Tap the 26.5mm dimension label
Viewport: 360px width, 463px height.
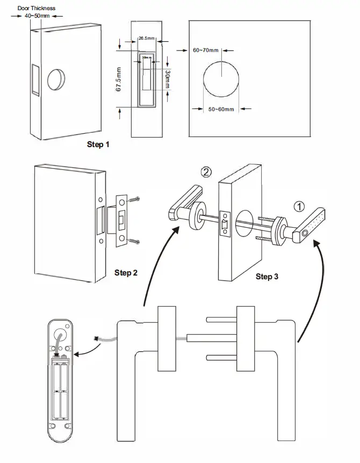146,39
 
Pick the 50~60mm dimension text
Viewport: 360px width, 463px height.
220,109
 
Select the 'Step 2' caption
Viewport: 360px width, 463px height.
126,273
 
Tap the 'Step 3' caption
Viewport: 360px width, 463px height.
267,277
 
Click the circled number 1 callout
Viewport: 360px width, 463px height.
299,205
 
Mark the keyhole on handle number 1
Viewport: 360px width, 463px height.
305,234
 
